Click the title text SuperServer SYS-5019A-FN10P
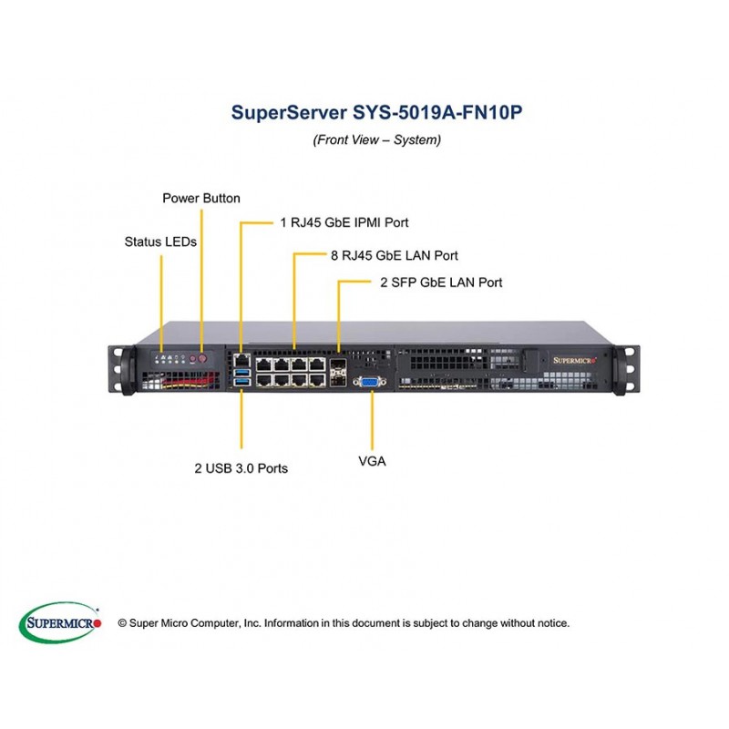point(376,113)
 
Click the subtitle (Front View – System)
point(376,140)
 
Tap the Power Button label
point(201,198)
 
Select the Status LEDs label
point(160,241)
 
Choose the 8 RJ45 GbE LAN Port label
point(394,255)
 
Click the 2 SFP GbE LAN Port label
point(441,282)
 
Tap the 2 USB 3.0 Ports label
point(241,468)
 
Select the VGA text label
point(372,461)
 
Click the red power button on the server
point(203,359)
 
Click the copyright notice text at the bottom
point(344,623)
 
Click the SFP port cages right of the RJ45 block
point(339,374)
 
